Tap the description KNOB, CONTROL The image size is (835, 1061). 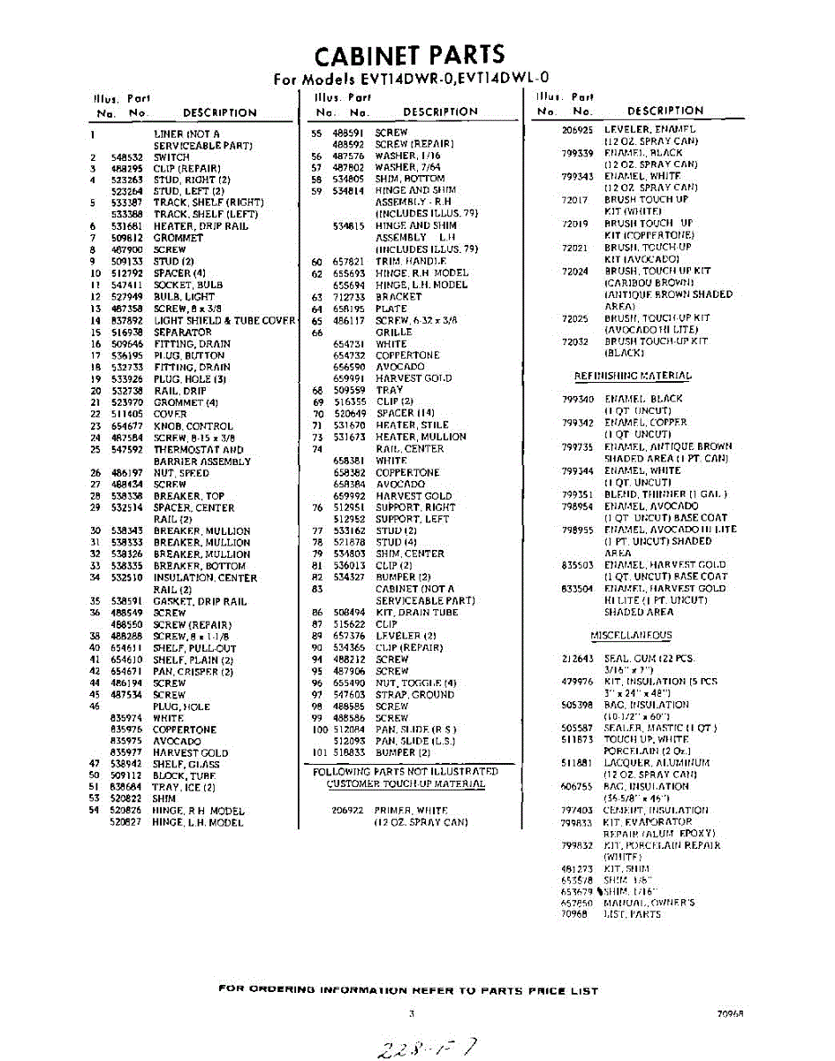coord(193,426)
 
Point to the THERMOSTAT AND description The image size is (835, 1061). coord(198,449)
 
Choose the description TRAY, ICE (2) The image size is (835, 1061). coord(184,787)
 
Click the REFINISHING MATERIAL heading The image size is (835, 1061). coord(633,376)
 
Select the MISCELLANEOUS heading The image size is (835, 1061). coord(631,635)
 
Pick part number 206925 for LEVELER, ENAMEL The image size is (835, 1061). coord(577,130)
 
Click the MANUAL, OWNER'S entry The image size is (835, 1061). coord(649,903)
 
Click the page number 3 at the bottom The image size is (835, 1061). coord(412,1014)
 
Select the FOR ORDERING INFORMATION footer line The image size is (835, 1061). coord(407,990)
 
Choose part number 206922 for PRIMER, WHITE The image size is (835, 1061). coord(347,810)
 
